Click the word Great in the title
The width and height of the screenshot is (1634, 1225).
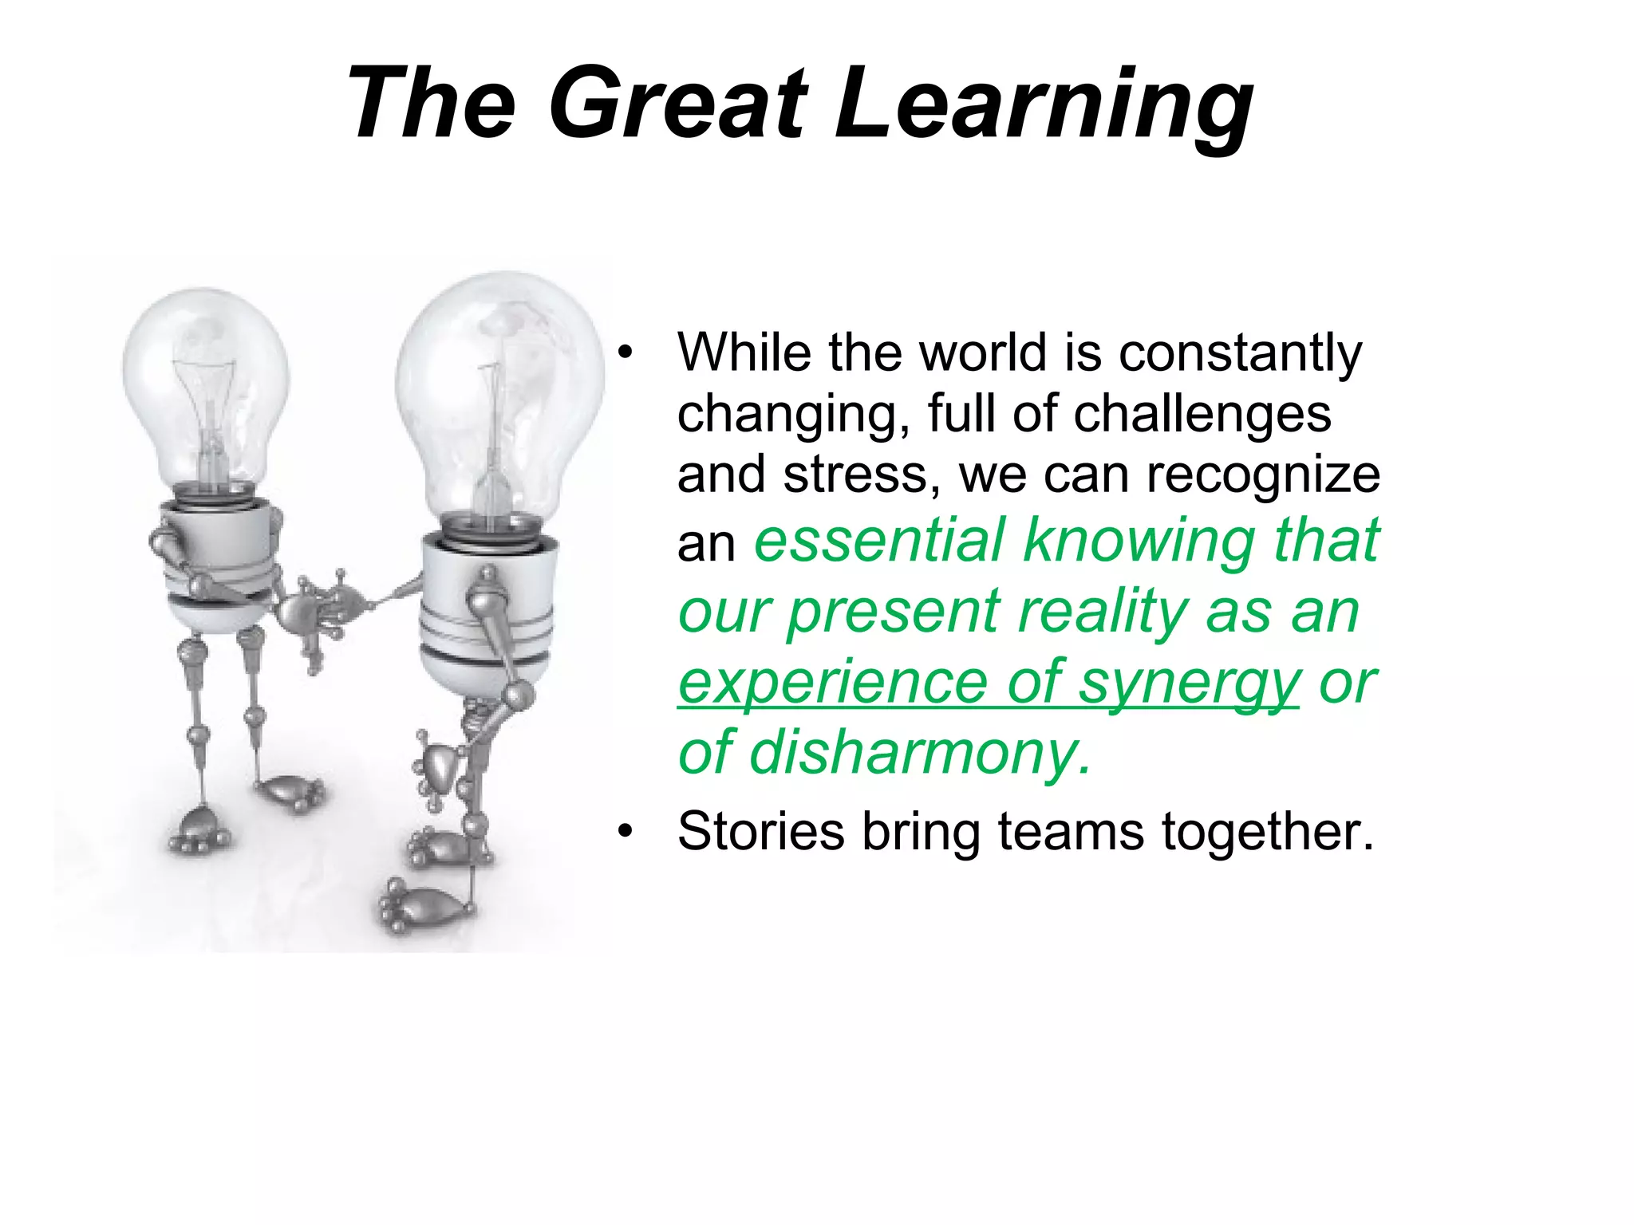click(x=678, y=104)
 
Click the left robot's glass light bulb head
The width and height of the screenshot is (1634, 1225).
click(x=207, y=383)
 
